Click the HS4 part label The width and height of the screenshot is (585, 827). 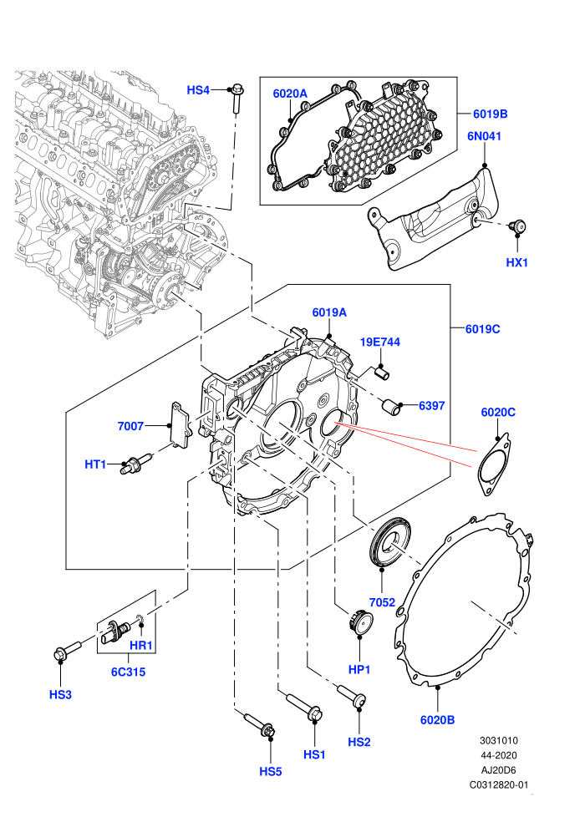pos(198,90)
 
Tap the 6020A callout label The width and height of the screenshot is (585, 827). pos(290,94)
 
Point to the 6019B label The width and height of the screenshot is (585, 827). pos(490,114)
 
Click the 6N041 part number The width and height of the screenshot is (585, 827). pos(484,136)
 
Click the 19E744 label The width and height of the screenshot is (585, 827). pos(379,342)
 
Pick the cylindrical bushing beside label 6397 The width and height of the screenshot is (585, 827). pos(391,407)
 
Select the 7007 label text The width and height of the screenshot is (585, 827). pos(130,426)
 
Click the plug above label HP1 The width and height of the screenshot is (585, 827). pos(359,623)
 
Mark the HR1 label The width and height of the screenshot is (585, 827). pos(141,645)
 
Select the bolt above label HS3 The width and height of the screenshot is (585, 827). pos(67,650)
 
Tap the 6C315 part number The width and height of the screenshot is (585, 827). pos(128,672)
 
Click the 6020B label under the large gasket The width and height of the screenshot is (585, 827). pos(437,719)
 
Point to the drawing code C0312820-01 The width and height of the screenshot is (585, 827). pos(499,784)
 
